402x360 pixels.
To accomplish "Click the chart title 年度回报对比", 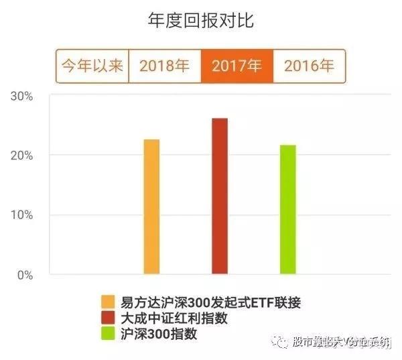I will (201, 20).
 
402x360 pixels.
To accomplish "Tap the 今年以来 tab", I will (92, 66).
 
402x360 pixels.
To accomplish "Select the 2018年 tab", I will (164, 66).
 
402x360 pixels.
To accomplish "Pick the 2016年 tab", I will (309, 66).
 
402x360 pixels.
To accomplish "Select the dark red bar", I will (220, 196).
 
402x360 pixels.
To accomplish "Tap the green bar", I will (287, 209).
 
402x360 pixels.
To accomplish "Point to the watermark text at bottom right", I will (342, 343).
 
